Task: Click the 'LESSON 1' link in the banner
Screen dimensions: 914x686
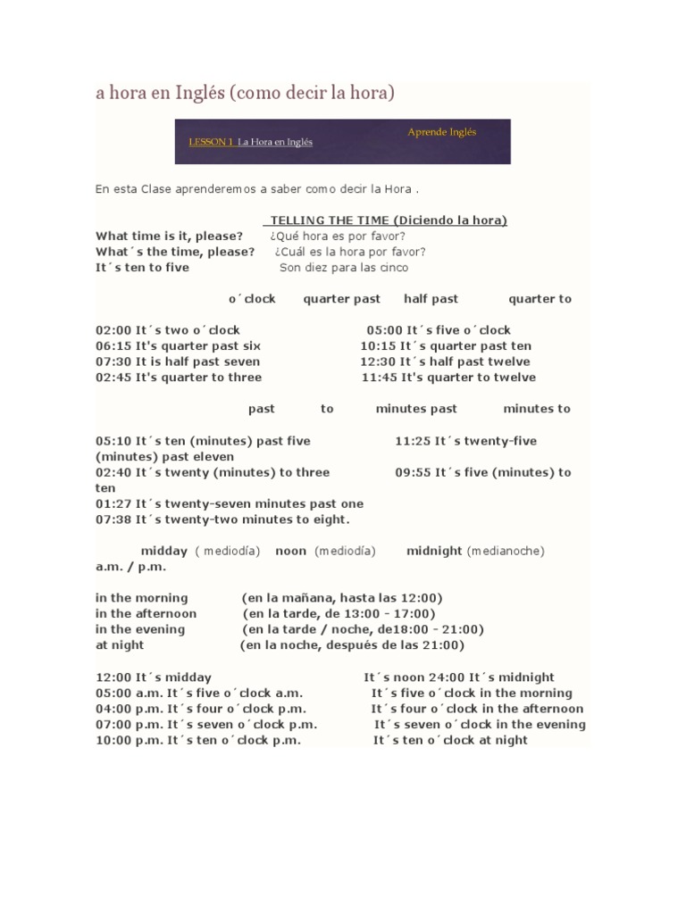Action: click(x=212, y=142)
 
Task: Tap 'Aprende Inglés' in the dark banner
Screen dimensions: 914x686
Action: click(x=442, y=132)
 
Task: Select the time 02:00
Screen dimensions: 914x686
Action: click(x=113, y=330)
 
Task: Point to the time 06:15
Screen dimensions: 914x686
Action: click(x=113, y=345)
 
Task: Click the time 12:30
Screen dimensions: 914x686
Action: click(x=378, y=361)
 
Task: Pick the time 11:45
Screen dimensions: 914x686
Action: click(x=379, y=378)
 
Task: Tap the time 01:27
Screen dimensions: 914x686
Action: click(x=113, y=503)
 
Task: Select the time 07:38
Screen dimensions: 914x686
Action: click(x=113, y=519)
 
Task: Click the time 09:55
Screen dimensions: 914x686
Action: click(x=414, y=472)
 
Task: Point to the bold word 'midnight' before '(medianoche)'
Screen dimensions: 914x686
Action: click(x=434, y=551)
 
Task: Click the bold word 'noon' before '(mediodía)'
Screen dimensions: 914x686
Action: click(x=291, y=551)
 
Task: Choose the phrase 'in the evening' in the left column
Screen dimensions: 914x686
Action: click(x=140, y=629)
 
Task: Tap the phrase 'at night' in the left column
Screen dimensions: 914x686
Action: click(x=120, y=645)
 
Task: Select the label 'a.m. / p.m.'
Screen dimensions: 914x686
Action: click(x=131, y=567)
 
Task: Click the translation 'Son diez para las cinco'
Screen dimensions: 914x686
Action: click(x=344, y=268)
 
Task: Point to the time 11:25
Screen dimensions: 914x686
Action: click(x=414, y=441)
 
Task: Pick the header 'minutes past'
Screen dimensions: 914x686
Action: click(x=416, y=409)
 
